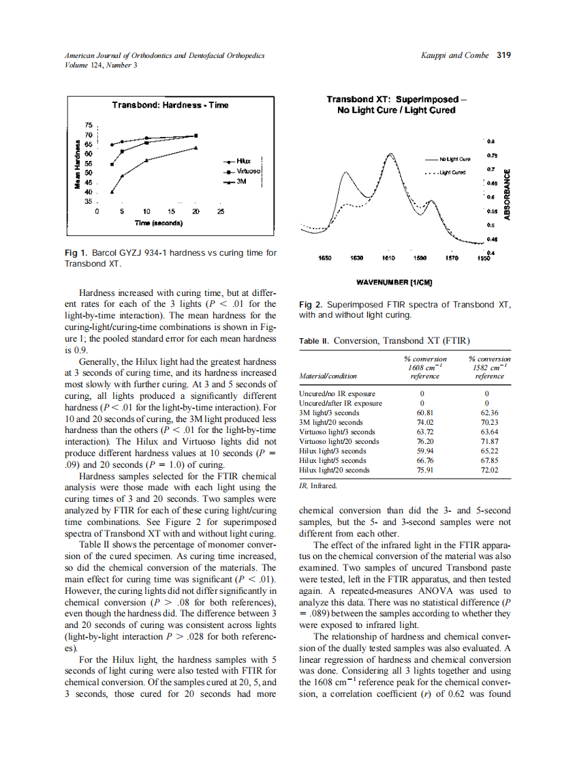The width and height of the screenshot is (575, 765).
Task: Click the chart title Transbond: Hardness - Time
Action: pyautogui.click(x=170, y=105)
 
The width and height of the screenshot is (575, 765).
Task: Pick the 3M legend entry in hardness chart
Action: pyautogui.click(x=241, y=181)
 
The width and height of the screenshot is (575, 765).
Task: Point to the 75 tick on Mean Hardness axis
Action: pyautogui.click(x=88, y=125)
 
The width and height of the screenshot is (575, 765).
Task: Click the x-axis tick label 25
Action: pyautogui.click(x=220, y=212)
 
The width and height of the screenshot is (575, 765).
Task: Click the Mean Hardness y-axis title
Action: pyautogui.click(x=78, y=164)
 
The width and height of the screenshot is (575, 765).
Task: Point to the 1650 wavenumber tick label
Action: pyautogui.click(x=325, y=259)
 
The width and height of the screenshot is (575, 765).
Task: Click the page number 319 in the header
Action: pyautogui.click(x=504, y=55)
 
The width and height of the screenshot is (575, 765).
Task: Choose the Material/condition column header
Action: pyautogui.click(x=328, y=376)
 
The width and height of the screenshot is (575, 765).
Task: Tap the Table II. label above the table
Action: pyautogui.click(x=314, y=340)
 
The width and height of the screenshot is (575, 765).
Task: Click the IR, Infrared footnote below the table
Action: pyautogui.click(x=318, y=486)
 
